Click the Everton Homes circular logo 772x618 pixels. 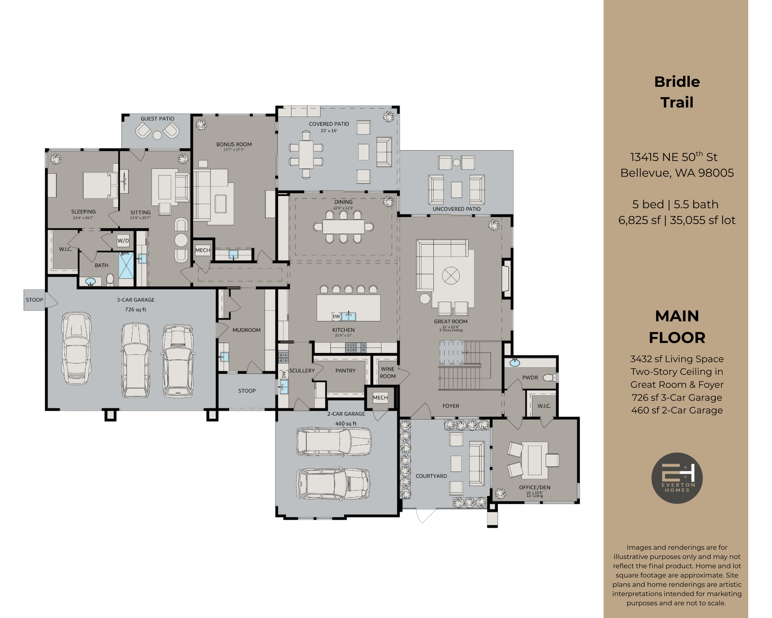click(677, 478)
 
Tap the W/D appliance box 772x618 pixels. click(123, 241)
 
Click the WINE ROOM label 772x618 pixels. click(388, 373)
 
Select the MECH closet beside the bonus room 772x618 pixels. click(203, 250)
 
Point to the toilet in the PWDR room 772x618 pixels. click(549, 377)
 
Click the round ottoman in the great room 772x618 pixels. click(451, 276)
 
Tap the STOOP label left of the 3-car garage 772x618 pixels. click(34, 300)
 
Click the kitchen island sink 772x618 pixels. click(349, 316)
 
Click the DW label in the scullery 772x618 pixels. click(283, 374)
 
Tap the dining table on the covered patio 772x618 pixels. click(306, 154)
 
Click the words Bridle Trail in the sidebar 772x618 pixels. click(677, 92)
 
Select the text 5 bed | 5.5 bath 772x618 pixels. click(675, 204)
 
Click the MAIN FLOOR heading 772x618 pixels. click(677, 327)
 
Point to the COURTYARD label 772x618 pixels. click(431, 476)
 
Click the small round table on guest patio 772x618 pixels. click(157, 135)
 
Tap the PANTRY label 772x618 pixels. click(345, 371)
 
